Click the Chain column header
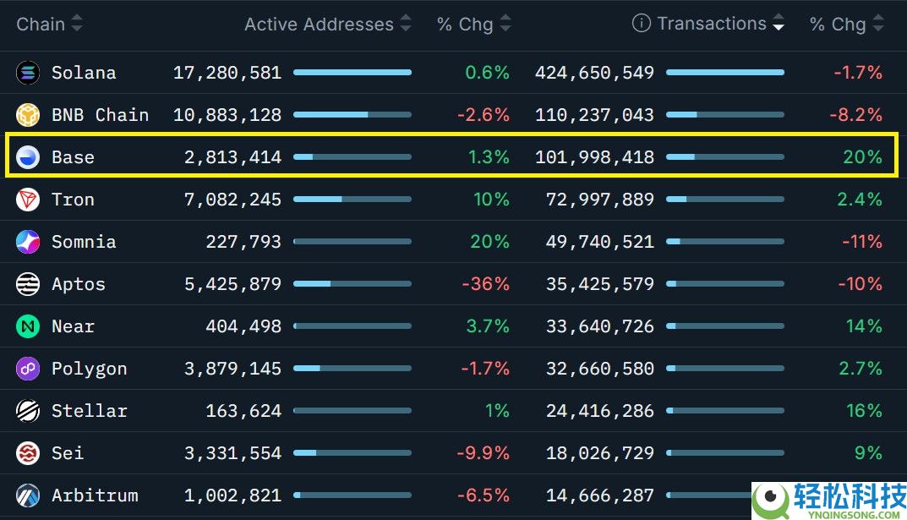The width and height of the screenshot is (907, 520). (x=41, y=24)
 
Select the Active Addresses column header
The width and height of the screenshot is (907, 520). (x=319, y=25)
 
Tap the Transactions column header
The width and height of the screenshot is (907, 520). (x=712, y=24)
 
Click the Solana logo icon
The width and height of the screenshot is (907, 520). (x=28, y=73)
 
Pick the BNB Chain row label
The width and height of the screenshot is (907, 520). (x=100, y=115)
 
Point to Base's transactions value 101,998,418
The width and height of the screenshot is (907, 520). (x=594, y=157)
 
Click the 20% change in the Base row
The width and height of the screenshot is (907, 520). (x=862, y=157)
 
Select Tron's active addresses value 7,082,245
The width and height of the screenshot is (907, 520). (x=232, y=200)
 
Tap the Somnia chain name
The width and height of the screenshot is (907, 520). (x=84, y=242)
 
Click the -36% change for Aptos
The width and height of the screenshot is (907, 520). (x=485, y=284)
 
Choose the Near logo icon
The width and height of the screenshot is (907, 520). (x=28, y=326)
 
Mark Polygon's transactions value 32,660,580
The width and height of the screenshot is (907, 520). (x=600, y=369)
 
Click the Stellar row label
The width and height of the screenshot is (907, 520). (x=89, y=411)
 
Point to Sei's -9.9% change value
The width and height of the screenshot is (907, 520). (x=483, y=453)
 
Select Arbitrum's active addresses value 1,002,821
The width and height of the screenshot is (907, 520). (x=232, y=495)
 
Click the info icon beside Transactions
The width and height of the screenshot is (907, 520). (x=642, y=24)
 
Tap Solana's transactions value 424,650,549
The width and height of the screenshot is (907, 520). (x=594, y=73)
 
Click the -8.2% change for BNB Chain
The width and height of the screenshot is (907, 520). (x=857, y=115)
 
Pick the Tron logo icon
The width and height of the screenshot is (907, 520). (x=28, y=200)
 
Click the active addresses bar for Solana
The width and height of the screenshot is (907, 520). (x=352, y=73)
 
